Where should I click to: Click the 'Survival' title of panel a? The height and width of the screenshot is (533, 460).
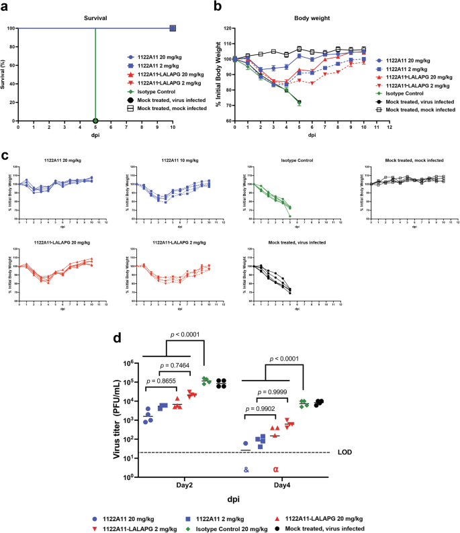96,19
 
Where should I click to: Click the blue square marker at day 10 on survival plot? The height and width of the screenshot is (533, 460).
173,29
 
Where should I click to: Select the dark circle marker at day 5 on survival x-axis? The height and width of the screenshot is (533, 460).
95,121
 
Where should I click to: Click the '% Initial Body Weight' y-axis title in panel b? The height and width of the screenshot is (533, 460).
217,75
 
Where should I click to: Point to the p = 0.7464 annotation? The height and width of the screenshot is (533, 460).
177,366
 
